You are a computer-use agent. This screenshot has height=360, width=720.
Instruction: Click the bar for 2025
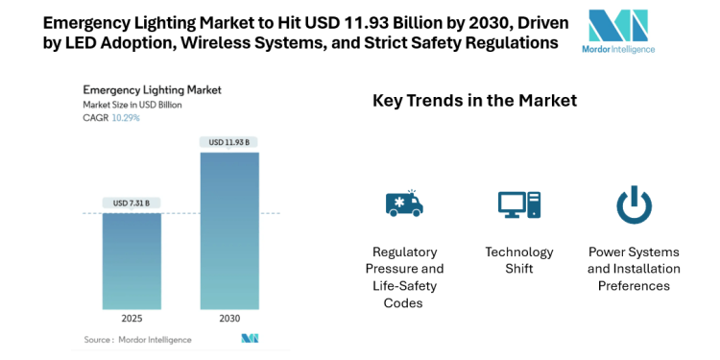point(132,260)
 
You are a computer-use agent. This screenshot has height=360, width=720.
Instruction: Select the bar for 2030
point(228,230)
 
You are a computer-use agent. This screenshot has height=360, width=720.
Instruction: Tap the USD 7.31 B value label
point(132,203)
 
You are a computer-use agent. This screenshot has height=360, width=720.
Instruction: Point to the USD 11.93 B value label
point(228,143)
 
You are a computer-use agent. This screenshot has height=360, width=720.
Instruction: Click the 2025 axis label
point(132,319)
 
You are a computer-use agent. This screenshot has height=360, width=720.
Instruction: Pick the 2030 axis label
point(228,319)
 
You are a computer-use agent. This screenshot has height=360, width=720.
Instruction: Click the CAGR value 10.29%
point(125,118)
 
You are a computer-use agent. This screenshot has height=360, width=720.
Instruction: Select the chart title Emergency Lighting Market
point(152,89)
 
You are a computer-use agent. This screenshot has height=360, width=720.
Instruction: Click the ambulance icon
point(403,204)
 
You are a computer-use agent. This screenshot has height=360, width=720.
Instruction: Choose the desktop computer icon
point(518,204)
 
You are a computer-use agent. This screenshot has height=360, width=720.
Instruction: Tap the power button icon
point(634,204)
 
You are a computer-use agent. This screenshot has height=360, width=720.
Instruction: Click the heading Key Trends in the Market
point(474,100)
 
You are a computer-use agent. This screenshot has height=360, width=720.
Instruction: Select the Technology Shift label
point(518,260)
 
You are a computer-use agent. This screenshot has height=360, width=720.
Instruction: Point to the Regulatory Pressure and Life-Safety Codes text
point(403,276)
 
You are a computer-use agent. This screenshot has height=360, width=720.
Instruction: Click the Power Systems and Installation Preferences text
point(634,269)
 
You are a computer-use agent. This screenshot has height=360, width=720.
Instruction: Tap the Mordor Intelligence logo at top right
point(619,31)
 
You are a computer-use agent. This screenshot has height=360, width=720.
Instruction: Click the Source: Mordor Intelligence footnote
point(137,340)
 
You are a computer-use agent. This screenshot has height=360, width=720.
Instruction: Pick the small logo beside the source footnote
point(250,339)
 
